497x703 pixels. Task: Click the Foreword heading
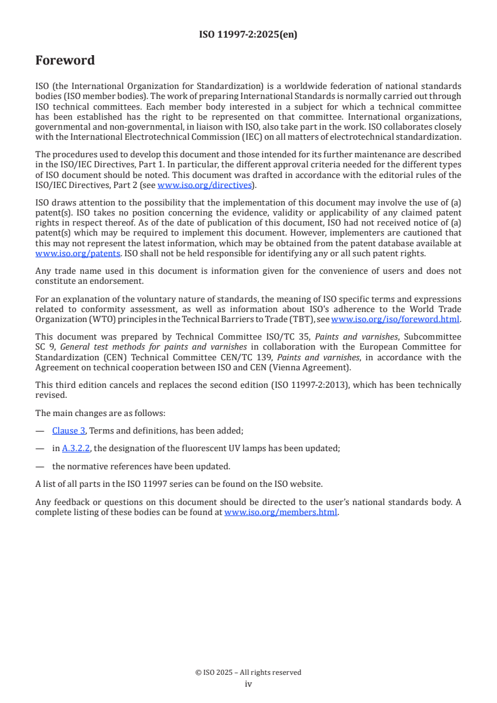tap(65, 61)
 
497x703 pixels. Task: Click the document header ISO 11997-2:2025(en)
tap(248, 34)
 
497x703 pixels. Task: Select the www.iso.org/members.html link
tap(281, 512)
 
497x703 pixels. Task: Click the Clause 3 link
tap(69, 430)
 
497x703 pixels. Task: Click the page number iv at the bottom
tap(248, 684)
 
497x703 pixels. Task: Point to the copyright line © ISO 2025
tap(248, 672)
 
